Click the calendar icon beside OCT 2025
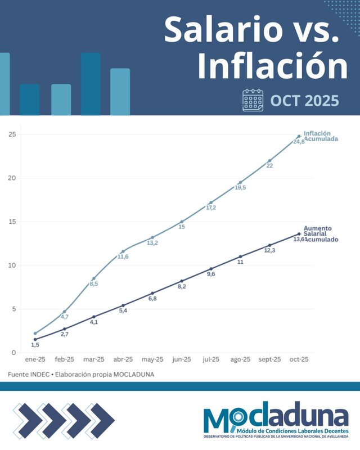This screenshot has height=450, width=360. tap(253, 100)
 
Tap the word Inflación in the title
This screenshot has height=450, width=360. tap(272, 66)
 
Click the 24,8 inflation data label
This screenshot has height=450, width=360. tap(299, 142)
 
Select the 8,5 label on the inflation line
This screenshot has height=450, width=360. tap(94, 284)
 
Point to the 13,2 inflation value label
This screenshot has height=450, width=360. tap(152, 243)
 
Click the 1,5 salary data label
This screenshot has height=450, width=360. tap(35, 345)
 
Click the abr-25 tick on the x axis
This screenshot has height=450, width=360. tap(123, 359)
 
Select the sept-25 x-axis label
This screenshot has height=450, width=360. tap(269, 359)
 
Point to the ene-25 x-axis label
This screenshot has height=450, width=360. tap(35, 359)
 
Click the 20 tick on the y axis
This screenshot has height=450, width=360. tap(12, 178)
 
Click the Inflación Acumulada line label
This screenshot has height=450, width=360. tap(321, 136)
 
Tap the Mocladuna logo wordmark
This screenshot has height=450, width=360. tap(276, 417)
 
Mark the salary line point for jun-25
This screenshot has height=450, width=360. tap(182, 281)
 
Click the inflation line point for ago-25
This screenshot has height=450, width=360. tap(240, 183)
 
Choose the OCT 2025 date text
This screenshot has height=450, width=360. tap(305, 101)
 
